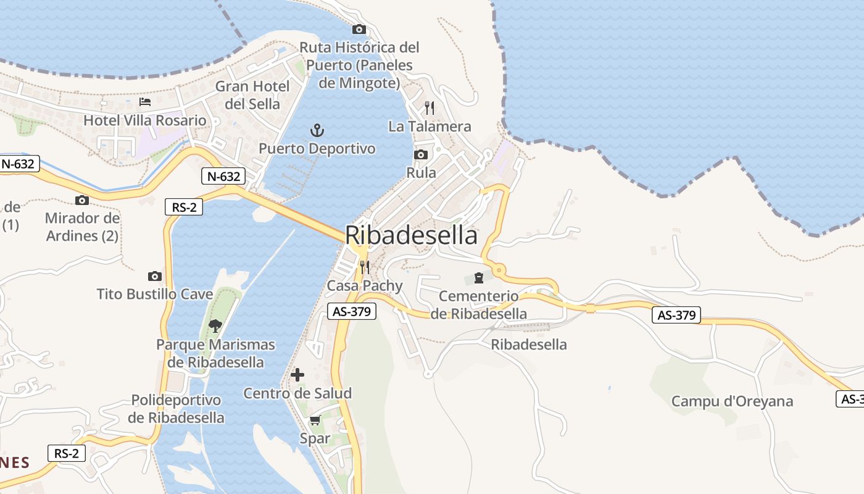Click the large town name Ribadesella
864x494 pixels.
coord(411,235)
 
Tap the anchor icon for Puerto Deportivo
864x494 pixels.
coord(317,130)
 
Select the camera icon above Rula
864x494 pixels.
coord(421,154)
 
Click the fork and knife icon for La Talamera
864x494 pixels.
coord(430,108)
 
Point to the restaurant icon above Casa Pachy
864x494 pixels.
coord(365,267)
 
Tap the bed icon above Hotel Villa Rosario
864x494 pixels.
coord(145,102)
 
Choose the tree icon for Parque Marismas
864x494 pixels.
coord(215,325)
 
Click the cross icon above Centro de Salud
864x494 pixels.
coord(297,375)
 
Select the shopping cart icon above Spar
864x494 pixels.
coord(315,421)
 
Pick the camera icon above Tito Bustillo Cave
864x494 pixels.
coord(155,276)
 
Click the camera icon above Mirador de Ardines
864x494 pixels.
coord(81,200)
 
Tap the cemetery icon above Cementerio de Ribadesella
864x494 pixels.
coord(478,278)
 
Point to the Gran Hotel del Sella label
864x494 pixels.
coord(252,94)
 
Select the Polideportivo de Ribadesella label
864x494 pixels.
coord(176,409)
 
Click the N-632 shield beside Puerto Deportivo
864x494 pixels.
coord(223,177)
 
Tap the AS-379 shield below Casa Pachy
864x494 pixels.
coord(351,312)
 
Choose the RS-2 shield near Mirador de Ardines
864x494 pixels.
coord(184,207)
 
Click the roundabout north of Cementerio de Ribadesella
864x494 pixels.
coord(499,270)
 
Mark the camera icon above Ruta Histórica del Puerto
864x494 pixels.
coord(359,29)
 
